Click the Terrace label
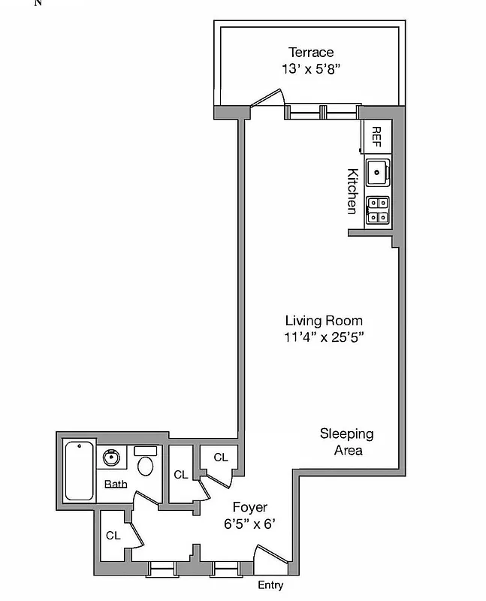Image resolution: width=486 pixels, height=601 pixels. click(311, 53)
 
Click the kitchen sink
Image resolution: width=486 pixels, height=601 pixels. click(378, 172)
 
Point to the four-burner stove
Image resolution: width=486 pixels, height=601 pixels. click(378, 210)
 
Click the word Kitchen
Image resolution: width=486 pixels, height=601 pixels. click(351, 191)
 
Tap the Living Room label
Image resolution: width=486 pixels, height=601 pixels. click(323, 321)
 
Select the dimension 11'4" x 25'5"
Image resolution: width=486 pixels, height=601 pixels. click(323, 337)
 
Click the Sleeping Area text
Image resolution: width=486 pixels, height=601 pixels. click(346, 442)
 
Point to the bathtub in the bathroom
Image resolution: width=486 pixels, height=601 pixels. click(79, 471)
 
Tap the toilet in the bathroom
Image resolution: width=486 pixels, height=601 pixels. click(146, 463)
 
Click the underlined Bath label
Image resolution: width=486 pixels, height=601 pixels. click(115, 484)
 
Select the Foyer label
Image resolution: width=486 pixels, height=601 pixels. click(249, 508)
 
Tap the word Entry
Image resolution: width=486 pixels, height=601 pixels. click(270, 585)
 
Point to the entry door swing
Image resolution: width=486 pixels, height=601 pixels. click(270, 555)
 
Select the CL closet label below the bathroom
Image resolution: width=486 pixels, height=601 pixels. click(113, 536)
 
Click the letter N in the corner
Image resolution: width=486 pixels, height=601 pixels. click(38, 3)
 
